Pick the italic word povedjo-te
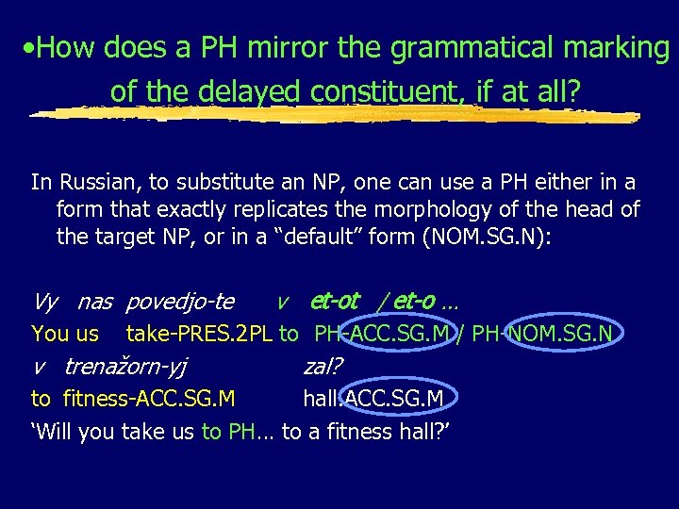click(x=179, y=303)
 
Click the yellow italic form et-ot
click(x=335, y=302)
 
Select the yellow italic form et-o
click(x=415, y=302)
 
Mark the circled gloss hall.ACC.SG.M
click(x=373, y=399)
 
